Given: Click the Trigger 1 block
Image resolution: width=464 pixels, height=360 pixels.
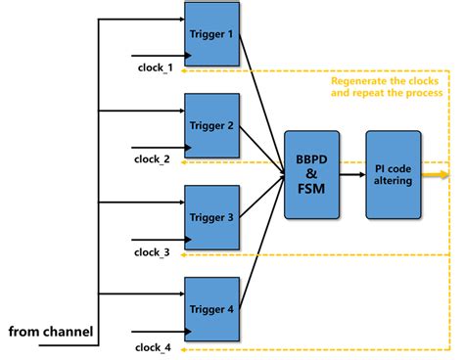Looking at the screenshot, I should tap(210, 35).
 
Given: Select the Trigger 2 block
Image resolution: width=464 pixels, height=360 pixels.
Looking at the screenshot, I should tap(210, 125).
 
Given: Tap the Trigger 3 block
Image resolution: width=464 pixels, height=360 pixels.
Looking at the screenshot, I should tap(210, 216).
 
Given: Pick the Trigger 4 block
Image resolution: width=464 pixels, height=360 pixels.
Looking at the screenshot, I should tap(210, 308).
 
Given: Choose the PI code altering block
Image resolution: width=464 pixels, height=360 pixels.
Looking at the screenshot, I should tap(394, 173).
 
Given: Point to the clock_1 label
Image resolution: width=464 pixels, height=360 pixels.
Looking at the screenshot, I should tap(154, 67).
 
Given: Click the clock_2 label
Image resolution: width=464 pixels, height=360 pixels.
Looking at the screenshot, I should tap(154, 158).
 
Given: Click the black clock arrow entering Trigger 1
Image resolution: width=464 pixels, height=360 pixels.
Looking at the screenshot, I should tap(157, 55).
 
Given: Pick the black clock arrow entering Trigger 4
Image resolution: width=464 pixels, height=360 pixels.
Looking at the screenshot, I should tap(157, 329).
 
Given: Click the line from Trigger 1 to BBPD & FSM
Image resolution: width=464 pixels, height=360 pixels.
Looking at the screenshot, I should tap(259, 98).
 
